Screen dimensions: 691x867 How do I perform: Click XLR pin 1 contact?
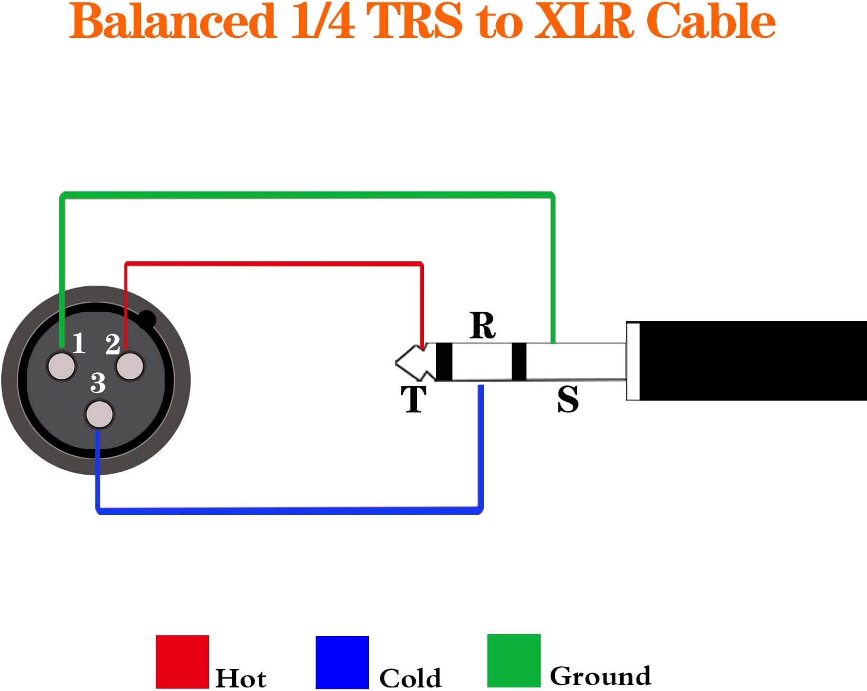tap(62, 366)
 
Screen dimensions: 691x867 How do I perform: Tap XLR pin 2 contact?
tap(130, 366)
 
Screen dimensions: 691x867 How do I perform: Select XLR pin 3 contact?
tap(99, 414)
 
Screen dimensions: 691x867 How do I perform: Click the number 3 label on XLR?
tap(98, 383)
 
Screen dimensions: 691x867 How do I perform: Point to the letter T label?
tap(413, 399)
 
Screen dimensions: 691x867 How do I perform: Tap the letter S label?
tap(567, 399)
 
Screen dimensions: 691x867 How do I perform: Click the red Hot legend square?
tap(182, 661)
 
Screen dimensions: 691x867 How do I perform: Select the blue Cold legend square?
tap(342, 662)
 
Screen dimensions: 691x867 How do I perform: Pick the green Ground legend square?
tap(514, 661)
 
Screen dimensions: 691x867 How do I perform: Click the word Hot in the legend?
tap(240, 678)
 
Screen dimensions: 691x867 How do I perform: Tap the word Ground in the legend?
tap(600, 676)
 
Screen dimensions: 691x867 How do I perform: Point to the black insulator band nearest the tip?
tap(444, 362)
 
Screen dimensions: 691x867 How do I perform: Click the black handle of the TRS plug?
tap(752, 360)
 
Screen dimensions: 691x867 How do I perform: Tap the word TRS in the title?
tap(415, 21)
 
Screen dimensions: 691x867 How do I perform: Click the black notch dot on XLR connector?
tap(146, 320)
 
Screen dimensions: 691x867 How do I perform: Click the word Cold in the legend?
tap(410, 678)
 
